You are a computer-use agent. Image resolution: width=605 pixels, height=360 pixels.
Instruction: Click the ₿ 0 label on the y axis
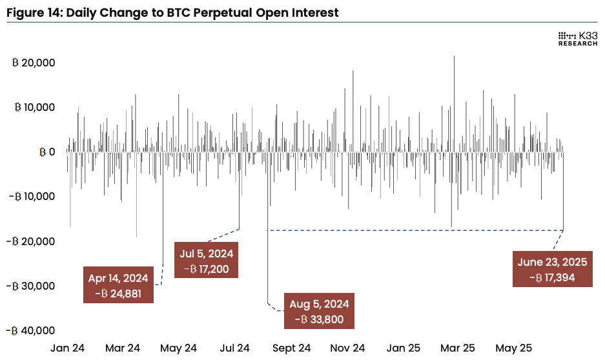46,152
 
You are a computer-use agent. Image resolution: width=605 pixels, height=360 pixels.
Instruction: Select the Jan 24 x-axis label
68,348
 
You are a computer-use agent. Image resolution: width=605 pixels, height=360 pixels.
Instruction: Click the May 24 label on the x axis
178,348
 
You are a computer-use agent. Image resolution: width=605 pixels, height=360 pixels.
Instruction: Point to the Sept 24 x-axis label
291,348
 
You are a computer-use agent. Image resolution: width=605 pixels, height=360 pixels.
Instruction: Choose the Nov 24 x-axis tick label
347,348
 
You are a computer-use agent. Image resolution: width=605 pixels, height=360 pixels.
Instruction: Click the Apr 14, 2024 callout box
119,285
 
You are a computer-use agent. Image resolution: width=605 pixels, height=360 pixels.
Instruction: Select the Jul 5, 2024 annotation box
207,261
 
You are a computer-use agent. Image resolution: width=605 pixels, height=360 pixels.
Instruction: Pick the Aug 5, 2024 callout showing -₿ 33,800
319,311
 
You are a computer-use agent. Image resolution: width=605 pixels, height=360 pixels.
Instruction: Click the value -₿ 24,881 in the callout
119,293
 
